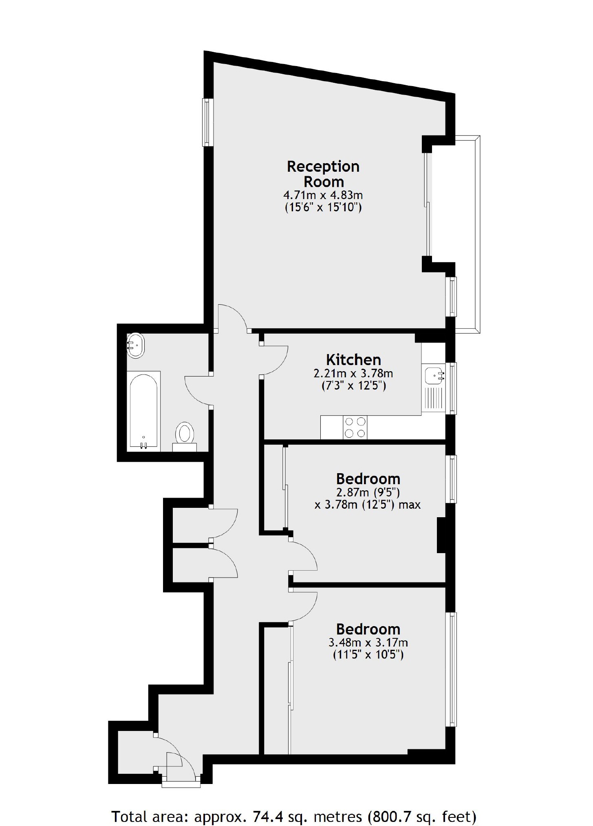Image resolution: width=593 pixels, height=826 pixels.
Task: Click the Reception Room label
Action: (323, 174)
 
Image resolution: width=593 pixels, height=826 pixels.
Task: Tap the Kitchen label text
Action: (353, 360)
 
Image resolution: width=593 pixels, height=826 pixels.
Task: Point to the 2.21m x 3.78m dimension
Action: (353, 373)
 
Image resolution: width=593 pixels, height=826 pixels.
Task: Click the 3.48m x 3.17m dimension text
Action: (368, 642)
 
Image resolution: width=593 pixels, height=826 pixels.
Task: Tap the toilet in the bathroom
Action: (185, 433)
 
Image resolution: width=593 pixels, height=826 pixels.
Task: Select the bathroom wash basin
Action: (135, 345)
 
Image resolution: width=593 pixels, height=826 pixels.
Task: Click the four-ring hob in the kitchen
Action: (355, 427)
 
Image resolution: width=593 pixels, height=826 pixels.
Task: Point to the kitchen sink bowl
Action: (434, 375)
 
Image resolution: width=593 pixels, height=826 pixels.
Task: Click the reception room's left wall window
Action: (208, 122)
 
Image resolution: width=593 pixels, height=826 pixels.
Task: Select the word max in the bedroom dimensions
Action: (410, 505)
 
